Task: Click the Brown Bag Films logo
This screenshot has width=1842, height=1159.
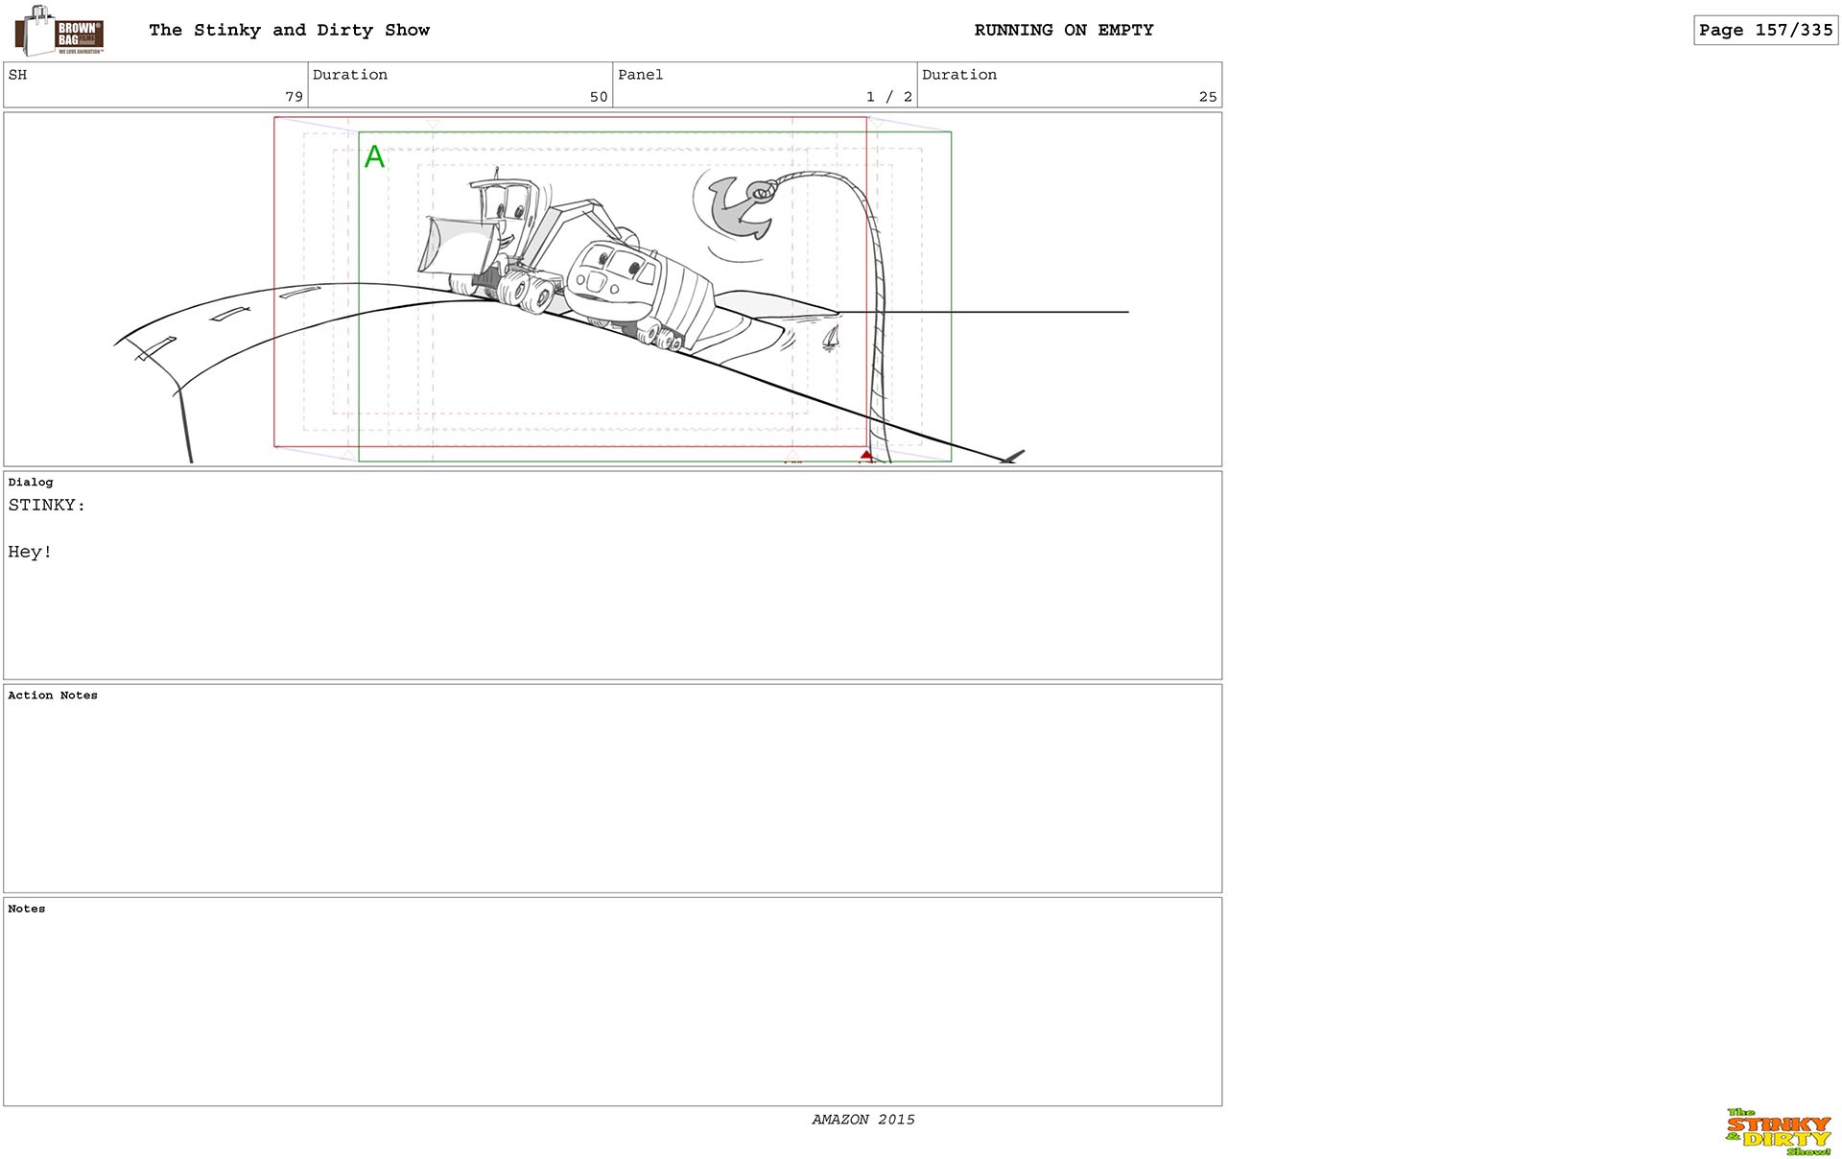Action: (x=59, y=31)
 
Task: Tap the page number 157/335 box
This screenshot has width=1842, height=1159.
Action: (x=1765, y=30)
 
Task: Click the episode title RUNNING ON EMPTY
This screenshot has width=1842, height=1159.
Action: (x=1064, y=30)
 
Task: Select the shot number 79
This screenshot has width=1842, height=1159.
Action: (x=294, y=96)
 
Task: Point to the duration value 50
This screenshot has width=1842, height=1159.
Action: (x=599, y=96)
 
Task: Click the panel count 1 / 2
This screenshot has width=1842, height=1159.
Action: (x=888, y=96)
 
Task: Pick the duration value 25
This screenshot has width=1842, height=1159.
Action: (x=1208, y=96)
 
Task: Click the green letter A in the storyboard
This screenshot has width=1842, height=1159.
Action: (x=374, y=156)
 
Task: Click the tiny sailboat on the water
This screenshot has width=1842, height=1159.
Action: (x=831, y=338)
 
